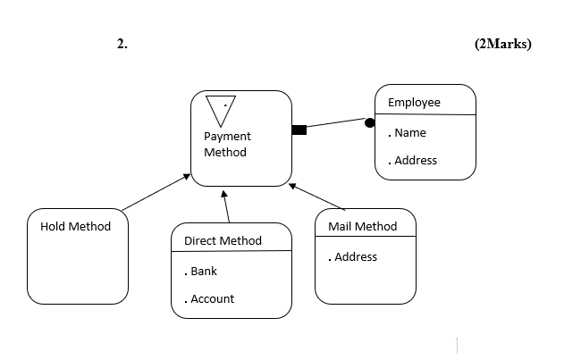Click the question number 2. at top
pyautogui.click(x=122, y=45)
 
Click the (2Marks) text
pyautogui.click(x=503, y=45)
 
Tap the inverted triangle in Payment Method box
pyautogui.click(x=221, y=110)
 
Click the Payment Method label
pyautogui.click(x=227, y=144)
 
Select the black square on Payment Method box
pyautogui.click(x=299, y=130)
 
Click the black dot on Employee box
pyautogui.click(x=369, y=122)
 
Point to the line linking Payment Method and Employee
pyautogui.click(x=335, y=126)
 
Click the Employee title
pyautogui.click(x=414, y=102)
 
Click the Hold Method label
pyautogui.click(x=76, y=226)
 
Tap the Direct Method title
pyautogui.click(x=223, y=240)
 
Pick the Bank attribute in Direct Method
pyautogui.click(x=202, y=271)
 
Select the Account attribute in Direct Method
pyautogui.click(x=211, y=298)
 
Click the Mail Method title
pyautogui.click(x=362, y=226)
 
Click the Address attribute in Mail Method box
pyautogui.click(x=354, y=256)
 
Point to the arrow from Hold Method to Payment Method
pyautogui.click(x=156, y=192)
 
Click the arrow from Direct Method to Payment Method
pyautogui.click(x=226, y=206)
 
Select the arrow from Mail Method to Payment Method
pyautogui.click(x=317, y=197)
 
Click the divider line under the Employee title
pyautogui.click(x=425, y=115)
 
